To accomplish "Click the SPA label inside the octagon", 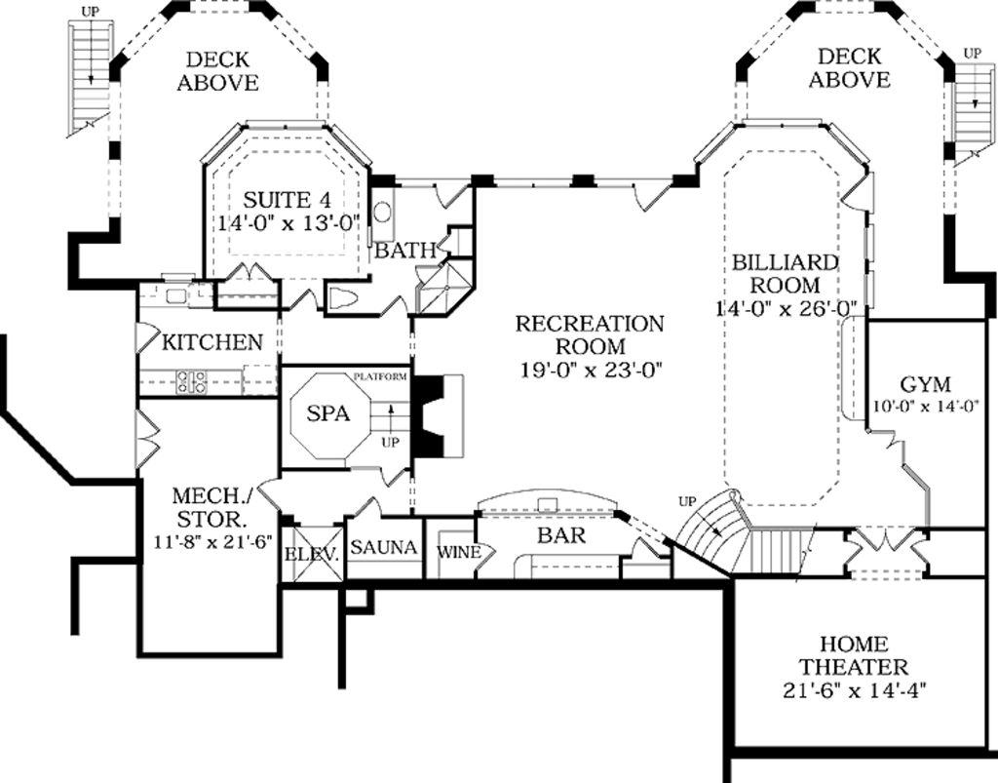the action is pos(327,413).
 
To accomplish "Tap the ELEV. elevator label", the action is pos(311,554).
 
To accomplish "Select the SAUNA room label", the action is pos(384,547).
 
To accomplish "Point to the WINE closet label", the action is pos(459,552).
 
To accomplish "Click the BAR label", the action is pos(561,535).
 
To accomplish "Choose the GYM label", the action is pos(926,384).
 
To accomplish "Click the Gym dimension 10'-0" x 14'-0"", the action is pos(925,407).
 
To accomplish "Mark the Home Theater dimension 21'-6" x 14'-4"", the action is pos(854,690).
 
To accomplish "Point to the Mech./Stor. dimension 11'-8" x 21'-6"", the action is pos(212,542).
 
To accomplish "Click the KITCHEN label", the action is pos(211,342).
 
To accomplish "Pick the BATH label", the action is pos(404,251).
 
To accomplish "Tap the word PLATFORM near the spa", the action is pos(380,376).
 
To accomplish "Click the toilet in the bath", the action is pos(344,297).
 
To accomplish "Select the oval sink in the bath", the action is pos(382,212).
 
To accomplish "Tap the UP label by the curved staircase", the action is pos(687,501).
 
